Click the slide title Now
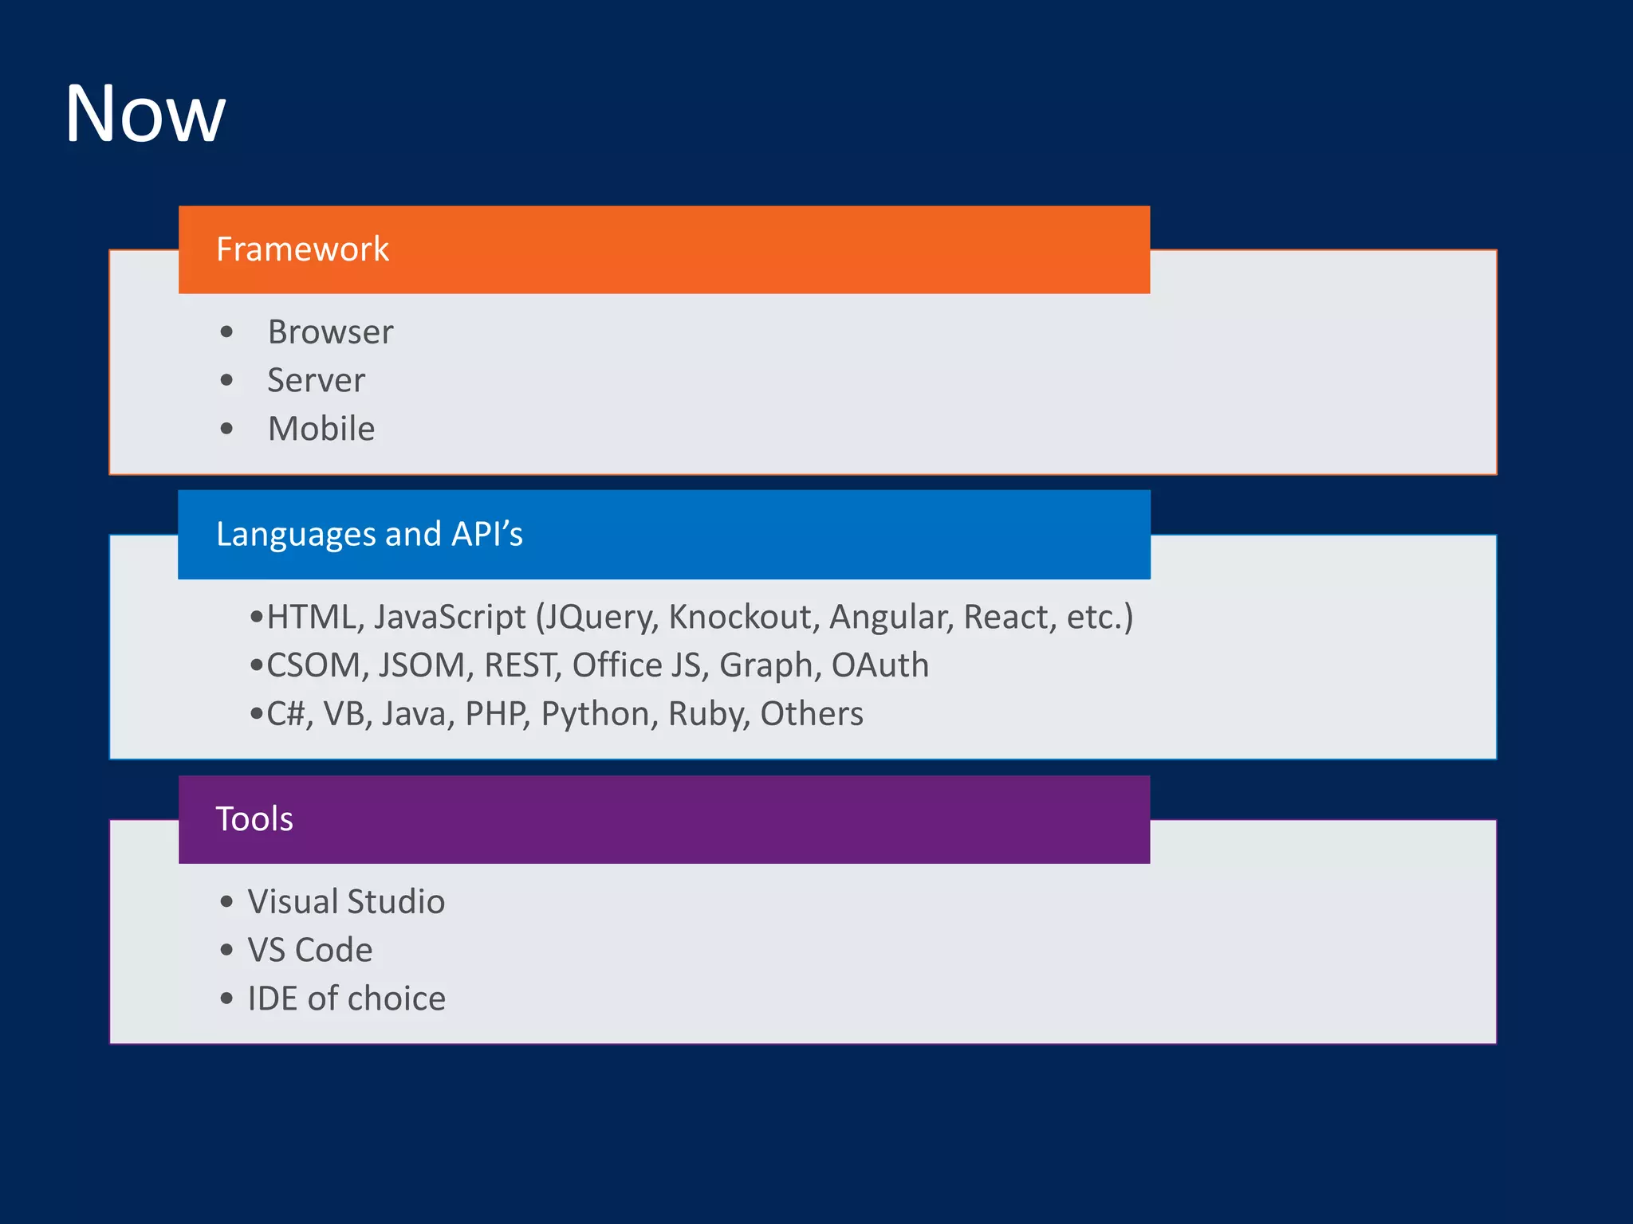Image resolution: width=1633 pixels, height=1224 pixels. point(145,114)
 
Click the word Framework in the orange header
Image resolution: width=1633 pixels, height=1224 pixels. point(302,249)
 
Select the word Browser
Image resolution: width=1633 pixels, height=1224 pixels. point(330,332)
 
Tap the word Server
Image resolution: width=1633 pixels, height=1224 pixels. point(316,381)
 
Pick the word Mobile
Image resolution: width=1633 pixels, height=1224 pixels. point(321,429)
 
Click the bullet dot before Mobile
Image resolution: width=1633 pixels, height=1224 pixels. point(227,429)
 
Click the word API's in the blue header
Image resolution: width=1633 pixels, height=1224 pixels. point(486,534)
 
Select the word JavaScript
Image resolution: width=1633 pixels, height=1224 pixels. point(450,618)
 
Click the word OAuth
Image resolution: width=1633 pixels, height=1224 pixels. point(879,665)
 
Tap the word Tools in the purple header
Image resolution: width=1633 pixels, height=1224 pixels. point(254,819)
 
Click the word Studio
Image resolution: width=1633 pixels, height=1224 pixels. point(395,902)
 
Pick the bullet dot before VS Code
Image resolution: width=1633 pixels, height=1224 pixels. point(227,950)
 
